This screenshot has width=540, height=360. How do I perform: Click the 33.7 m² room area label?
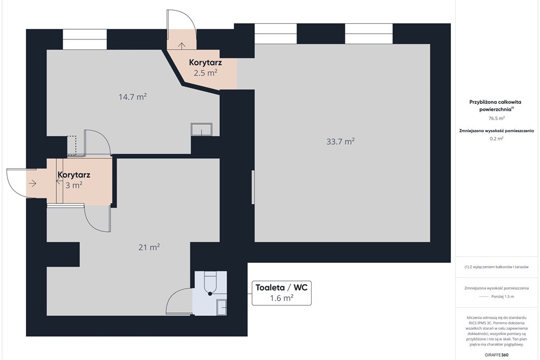click(x=340, y=142)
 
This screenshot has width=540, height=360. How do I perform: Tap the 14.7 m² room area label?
click(x=133, y=97)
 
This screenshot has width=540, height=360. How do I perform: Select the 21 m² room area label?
click(x=149, y=247)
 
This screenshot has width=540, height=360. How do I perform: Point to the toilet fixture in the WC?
click(x=210, y=283)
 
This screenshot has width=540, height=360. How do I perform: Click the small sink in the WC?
click(x=221, y=307)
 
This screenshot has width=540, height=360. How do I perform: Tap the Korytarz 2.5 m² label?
click(x=205, y=68)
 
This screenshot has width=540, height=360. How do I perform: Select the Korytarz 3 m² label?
click(x=73, y=180)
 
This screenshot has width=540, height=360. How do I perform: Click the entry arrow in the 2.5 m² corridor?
click(x=181, y=46)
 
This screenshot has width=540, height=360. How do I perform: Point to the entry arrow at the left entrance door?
click(x=32, y=184)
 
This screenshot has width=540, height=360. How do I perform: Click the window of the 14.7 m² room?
click(x=85, y=39)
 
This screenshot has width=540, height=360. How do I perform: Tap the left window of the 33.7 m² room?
click(x=275, y=34)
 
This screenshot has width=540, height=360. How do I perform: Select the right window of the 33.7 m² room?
click(x=368, y=34)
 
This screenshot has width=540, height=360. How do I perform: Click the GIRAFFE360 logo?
click(x=497, y=355)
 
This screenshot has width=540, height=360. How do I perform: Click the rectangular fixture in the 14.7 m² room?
click(x=201, y=130)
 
